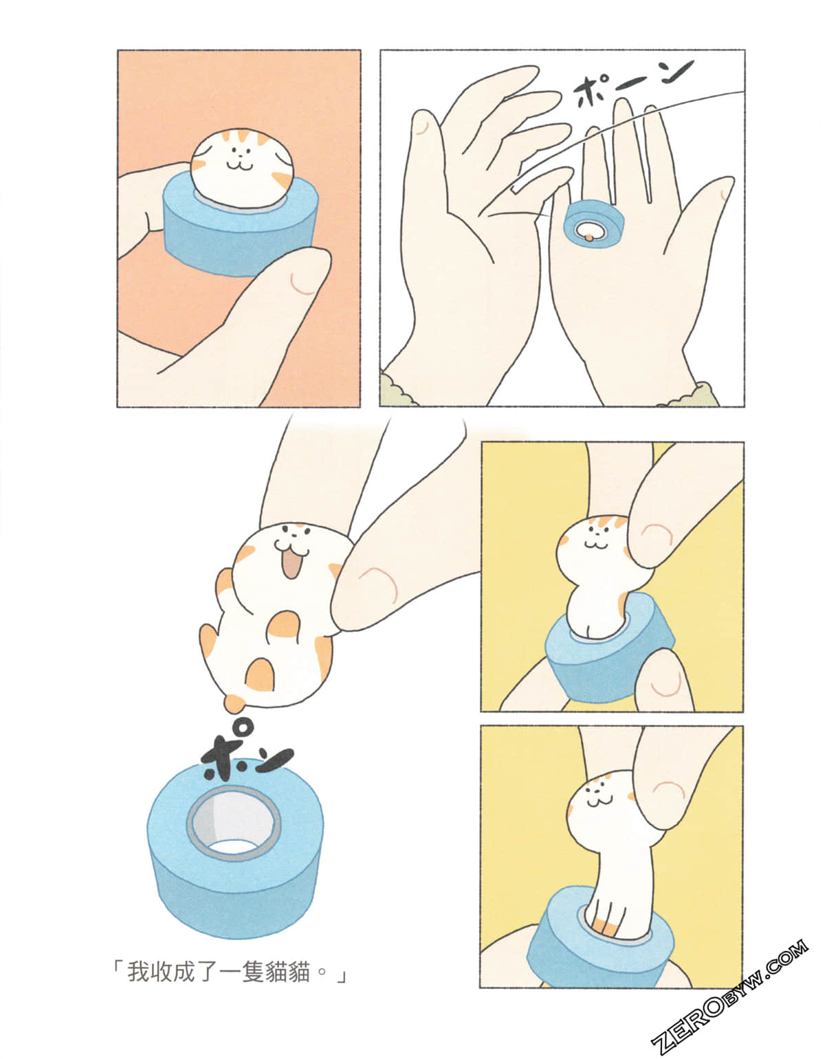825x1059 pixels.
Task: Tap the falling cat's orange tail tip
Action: pyautogui.click(x=234, y=703)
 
